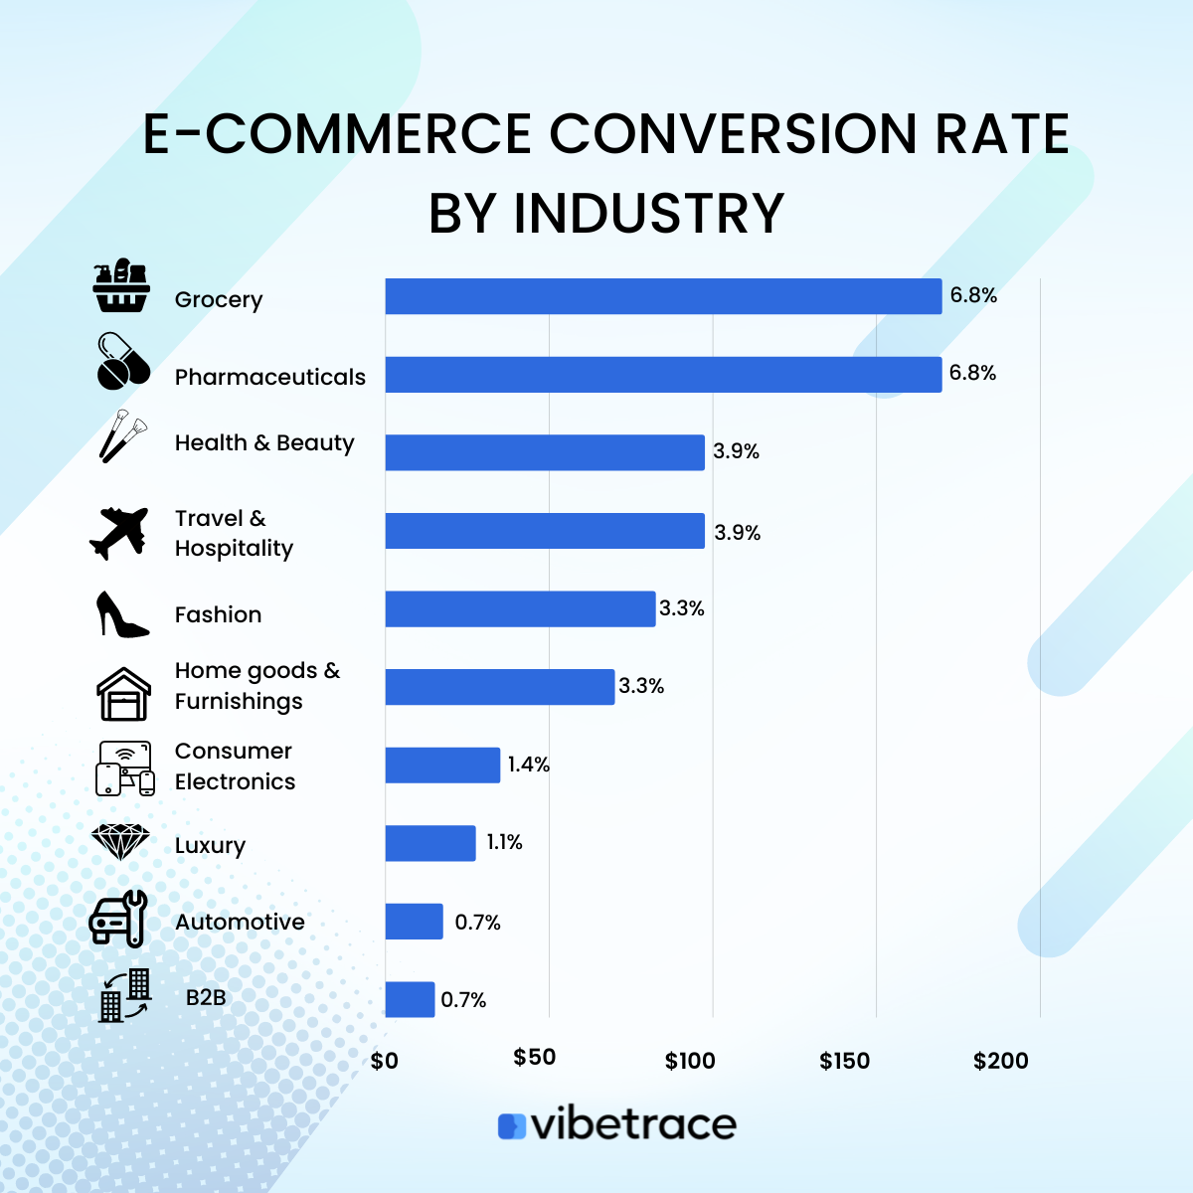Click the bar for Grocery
663,296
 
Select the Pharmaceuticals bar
663,375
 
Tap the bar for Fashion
520,608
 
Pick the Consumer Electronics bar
442,766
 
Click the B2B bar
410,999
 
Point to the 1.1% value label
504,843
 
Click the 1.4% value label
528,765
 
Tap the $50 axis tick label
535,1057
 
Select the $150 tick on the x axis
844,1061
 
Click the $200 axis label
1000,1061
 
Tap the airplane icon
118,533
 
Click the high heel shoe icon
121,614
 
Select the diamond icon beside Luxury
120,842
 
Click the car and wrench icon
118,919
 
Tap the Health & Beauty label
264,442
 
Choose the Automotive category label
240,922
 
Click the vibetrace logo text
633,1124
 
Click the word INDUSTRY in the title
648,213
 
